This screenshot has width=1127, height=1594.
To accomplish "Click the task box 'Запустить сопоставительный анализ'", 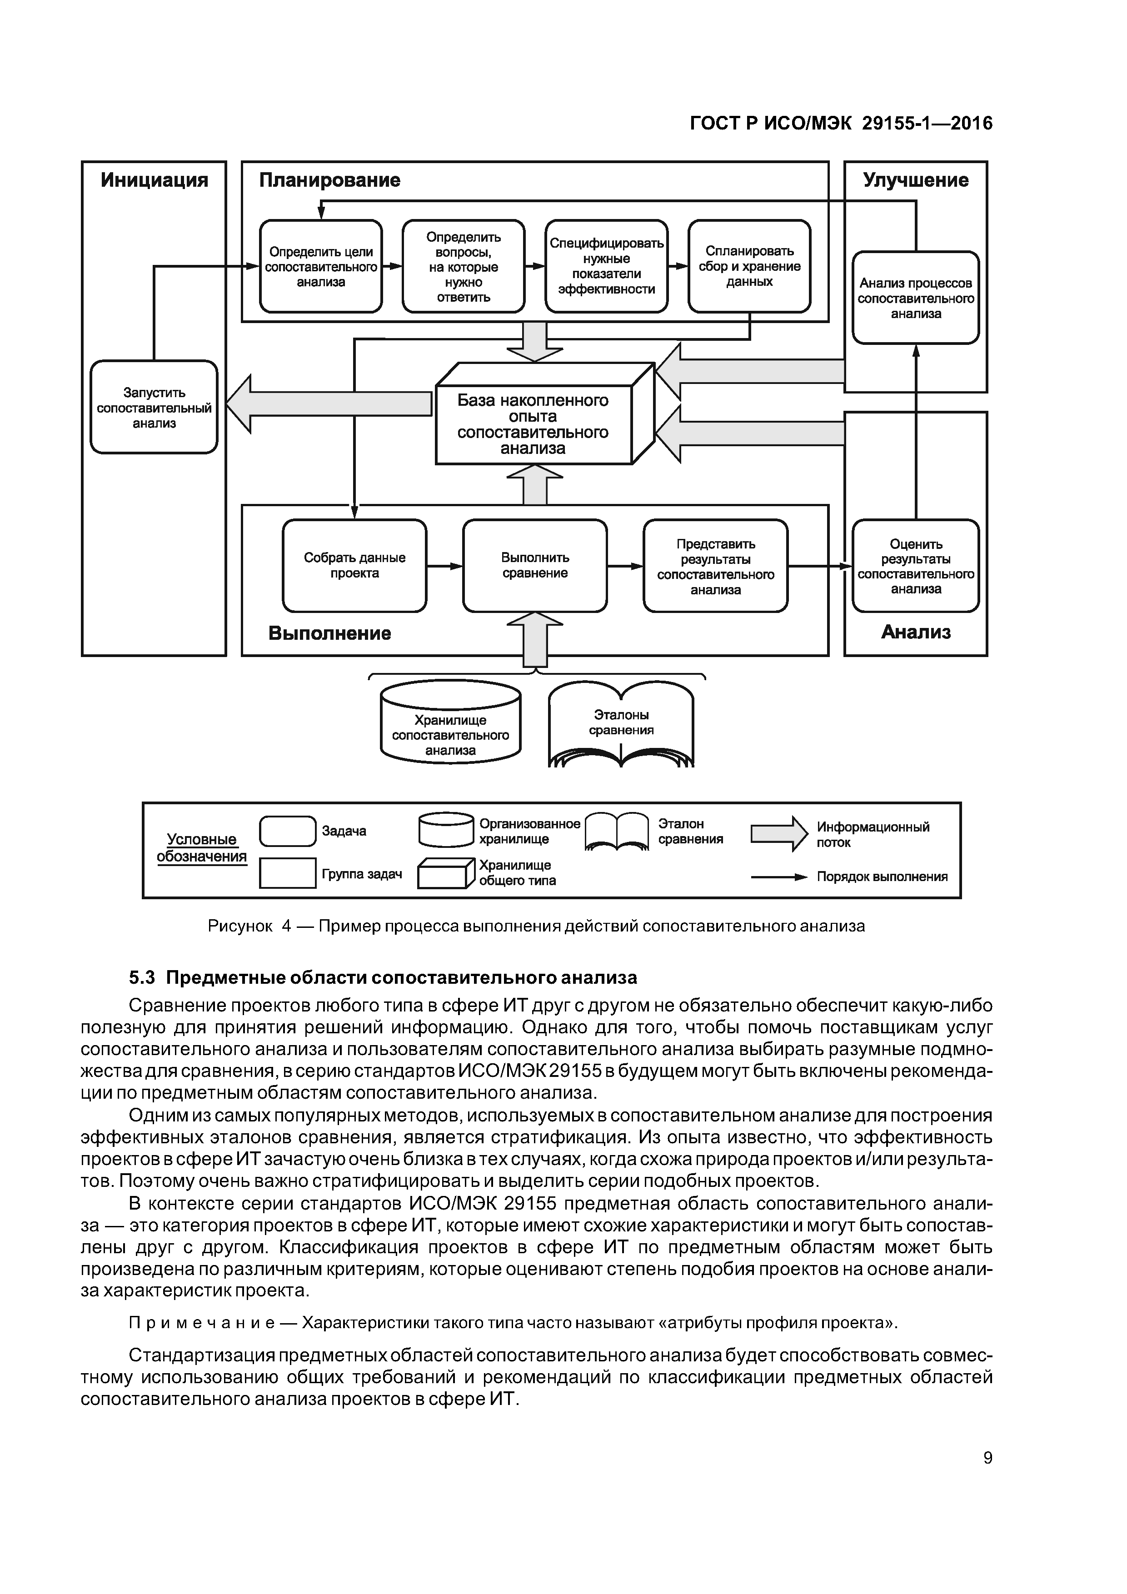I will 154,408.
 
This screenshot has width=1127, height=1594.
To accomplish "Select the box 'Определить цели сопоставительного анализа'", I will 321,267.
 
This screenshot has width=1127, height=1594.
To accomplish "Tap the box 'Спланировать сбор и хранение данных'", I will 749,267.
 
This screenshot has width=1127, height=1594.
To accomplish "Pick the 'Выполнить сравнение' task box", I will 535,566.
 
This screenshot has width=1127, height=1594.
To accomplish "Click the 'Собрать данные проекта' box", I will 354,566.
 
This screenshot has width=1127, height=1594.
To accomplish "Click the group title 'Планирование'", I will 330,180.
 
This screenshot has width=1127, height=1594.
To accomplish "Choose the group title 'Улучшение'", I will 915,180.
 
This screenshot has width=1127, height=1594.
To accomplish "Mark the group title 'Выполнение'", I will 330,633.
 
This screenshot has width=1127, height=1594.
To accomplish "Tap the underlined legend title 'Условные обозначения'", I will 201,848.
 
